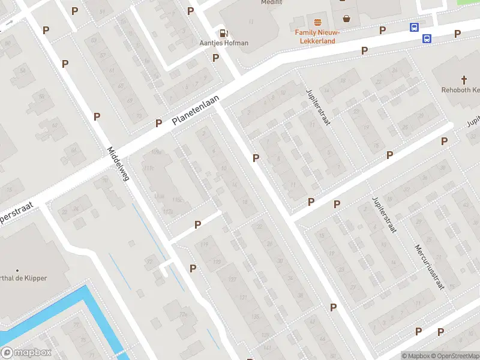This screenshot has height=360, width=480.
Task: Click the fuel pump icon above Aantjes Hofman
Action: click(223, 34)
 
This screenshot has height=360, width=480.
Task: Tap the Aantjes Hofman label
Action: click(223, 43)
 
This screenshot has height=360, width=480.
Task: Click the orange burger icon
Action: click(317, 22)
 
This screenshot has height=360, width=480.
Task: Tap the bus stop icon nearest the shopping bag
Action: click(414, 28)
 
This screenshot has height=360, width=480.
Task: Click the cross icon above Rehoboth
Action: click(464, 80)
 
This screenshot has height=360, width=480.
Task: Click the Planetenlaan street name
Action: click(196, 110)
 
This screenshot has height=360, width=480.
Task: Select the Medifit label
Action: click(271, 2)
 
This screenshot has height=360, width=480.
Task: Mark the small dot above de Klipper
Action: click(17, 271)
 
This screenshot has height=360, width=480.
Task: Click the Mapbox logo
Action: click(26, 353)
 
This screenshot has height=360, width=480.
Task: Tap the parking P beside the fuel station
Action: click(215, 58)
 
